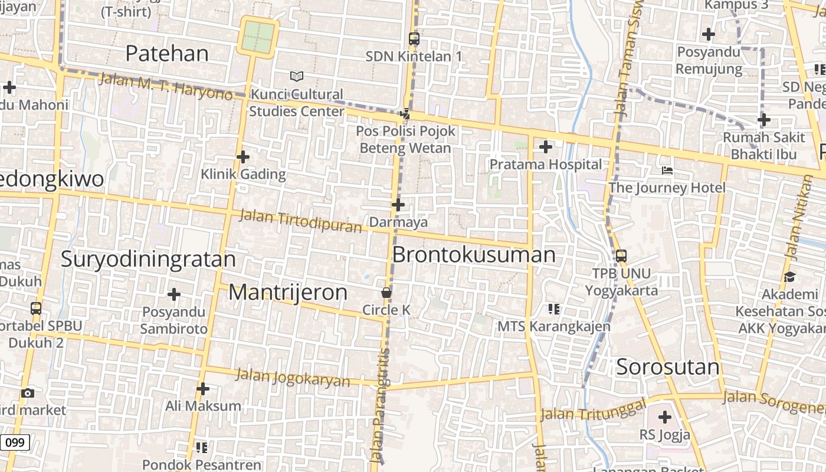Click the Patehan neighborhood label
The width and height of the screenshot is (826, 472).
pyautogui.click(x=167, y=54)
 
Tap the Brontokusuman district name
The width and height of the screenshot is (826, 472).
pyautogui.click(x=474, y=255)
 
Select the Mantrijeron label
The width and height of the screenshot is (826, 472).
pyautogui.click(x=288, y=292)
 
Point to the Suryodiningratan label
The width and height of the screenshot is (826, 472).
pyautogui.click(x=148, y=259)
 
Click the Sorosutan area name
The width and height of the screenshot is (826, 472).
pyautogui.click(x=668, y=367)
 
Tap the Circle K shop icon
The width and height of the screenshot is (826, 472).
pyautogui.click(x=386, y=293)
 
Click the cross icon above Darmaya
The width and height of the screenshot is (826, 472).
pyautogui.click(x=398, y=205)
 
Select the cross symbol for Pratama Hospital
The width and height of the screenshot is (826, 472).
pyautogui.click(x=546, y=147)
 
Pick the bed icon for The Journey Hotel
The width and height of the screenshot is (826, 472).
pyautogui.click(x=667, y=171)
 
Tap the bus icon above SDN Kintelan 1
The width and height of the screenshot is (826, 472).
pyautogui.click(x=414, y=39)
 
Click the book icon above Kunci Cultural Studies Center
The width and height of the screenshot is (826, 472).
pyautogui.click(x=297, y=76)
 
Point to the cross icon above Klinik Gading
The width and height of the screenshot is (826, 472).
pyautogui.click(x=243, y=157)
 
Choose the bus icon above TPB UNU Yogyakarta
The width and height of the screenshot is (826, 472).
pyautogui.click(x=621, y=256)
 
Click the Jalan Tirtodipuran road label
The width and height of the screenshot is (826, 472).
pyautogui.click(x=300, y=221)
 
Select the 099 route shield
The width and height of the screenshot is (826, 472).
pyautogui.click(x=15, y=442)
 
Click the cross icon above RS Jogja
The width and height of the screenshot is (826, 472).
pyautogui.click(x=665, y=418)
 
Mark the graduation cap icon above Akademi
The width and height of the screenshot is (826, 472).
pyautogui.click(x=789, y=277)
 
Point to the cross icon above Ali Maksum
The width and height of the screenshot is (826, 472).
pyautogui.click(x=203, y=389)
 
